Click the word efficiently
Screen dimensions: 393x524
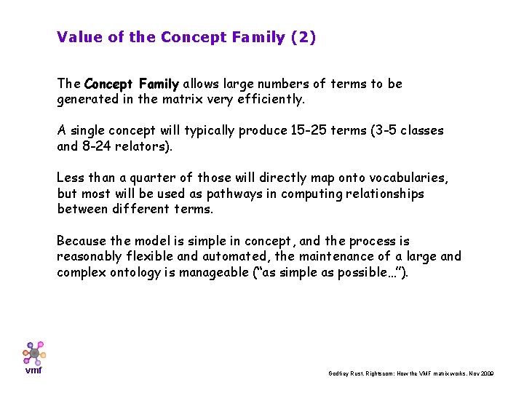click(271, 99)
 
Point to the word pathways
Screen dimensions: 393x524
click(223, 194)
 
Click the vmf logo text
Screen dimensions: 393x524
click(33, 370)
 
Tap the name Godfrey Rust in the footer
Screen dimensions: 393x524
click(345, 373)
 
